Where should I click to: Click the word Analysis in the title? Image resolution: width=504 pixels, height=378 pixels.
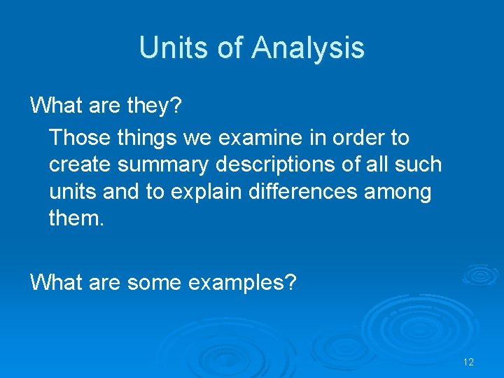pos(308,48)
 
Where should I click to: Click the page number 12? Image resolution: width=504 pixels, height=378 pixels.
pos(468,362)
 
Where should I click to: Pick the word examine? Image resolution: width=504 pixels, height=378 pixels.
pos(258,137)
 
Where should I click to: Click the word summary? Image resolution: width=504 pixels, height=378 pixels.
pos(162,164)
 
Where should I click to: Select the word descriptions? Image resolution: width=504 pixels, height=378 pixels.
pos(281,164)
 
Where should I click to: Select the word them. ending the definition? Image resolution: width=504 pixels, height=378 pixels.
pos(76,219)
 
